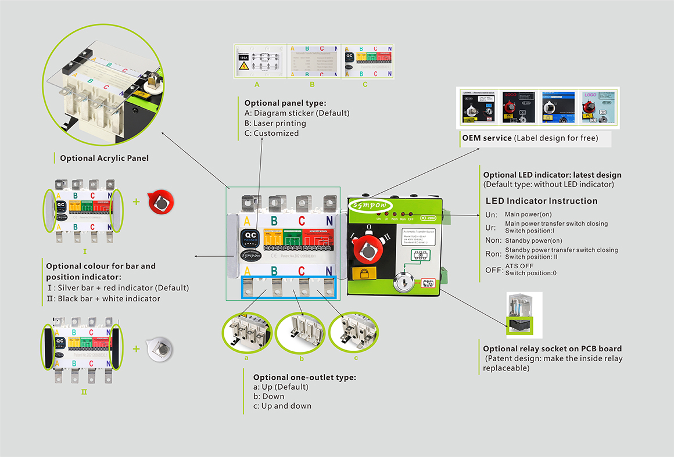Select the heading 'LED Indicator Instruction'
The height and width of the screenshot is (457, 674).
coord(541,201)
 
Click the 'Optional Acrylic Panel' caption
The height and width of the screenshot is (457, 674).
coord(104,158)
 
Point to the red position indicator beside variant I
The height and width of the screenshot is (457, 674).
coord(159,203)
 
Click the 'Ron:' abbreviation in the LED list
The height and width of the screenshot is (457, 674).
coord(493,253)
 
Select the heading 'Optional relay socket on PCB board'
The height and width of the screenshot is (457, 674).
coord(553,349)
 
